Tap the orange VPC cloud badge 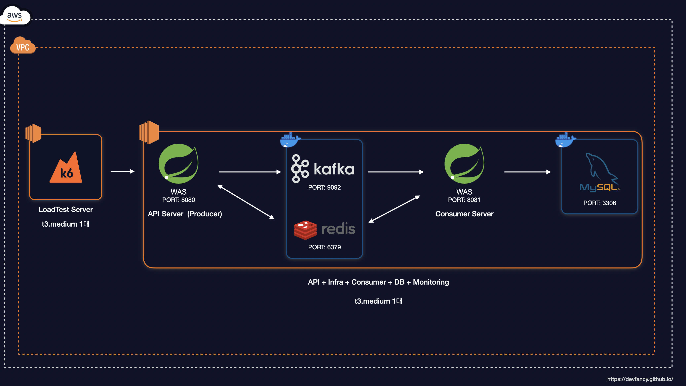coord(23,46)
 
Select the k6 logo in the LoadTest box coord(66,168)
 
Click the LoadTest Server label coord(66,210)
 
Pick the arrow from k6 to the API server coord(122,171)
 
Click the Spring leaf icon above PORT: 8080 coord(178,164)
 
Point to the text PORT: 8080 coord(178,200)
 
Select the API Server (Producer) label coord(185,214)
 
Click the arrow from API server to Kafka coord(250,172)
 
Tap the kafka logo coord(323,169)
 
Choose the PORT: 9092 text coord(324,187)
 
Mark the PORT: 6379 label coord(324,247)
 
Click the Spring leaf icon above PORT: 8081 coord(464,164)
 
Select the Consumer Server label coord(464,214)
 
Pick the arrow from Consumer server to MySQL coord(527,172)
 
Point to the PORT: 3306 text coord(600,203)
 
